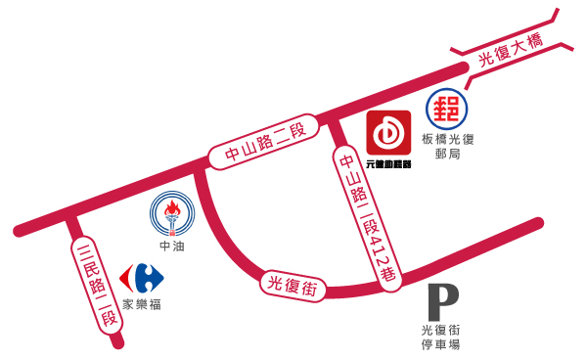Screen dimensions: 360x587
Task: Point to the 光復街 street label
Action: pos(293,287)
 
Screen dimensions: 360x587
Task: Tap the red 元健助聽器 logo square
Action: pos(388,133)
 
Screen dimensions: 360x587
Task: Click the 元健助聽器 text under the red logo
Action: pos(388,163)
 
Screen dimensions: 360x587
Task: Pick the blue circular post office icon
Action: pos(446,108)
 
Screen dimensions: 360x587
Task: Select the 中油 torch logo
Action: pos(172,212)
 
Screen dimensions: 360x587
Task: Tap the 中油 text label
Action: pos(172,247)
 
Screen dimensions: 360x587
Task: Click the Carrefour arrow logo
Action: pos(141,278)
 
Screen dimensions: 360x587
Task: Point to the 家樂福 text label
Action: pos(142,304)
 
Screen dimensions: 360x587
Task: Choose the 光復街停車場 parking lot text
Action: pos(441,337)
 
